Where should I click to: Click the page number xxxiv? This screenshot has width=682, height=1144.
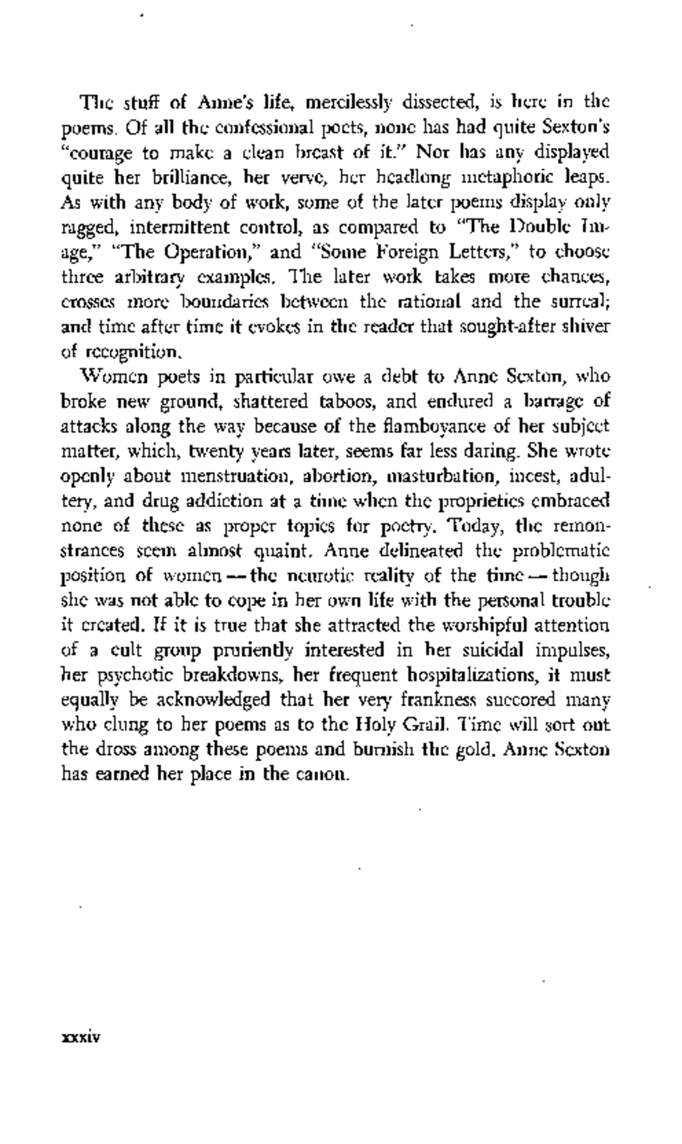click(x=81, y=1037)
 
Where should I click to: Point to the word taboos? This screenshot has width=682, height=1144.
click(x=348, y=402)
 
